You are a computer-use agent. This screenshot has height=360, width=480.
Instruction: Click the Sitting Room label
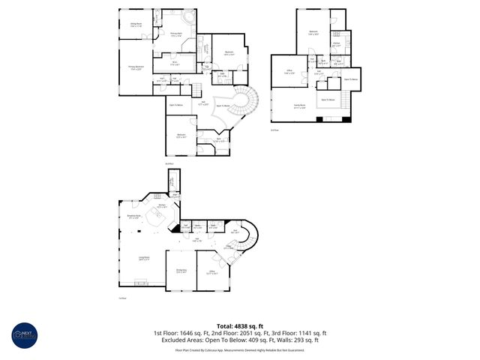(137, 25)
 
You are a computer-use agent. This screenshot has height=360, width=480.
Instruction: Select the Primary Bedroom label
(136, 68)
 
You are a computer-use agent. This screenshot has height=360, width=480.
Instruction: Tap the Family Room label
(298, 107)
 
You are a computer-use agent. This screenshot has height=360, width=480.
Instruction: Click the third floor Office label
(289, 72)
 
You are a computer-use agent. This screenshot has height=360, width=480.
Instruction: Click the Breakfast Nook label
(136, 217)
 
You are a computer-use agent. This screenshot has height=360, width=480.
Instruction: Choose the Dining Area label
(181, 271)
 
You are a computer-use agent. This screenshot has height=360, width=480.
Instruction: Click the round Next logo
(23, 338)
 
